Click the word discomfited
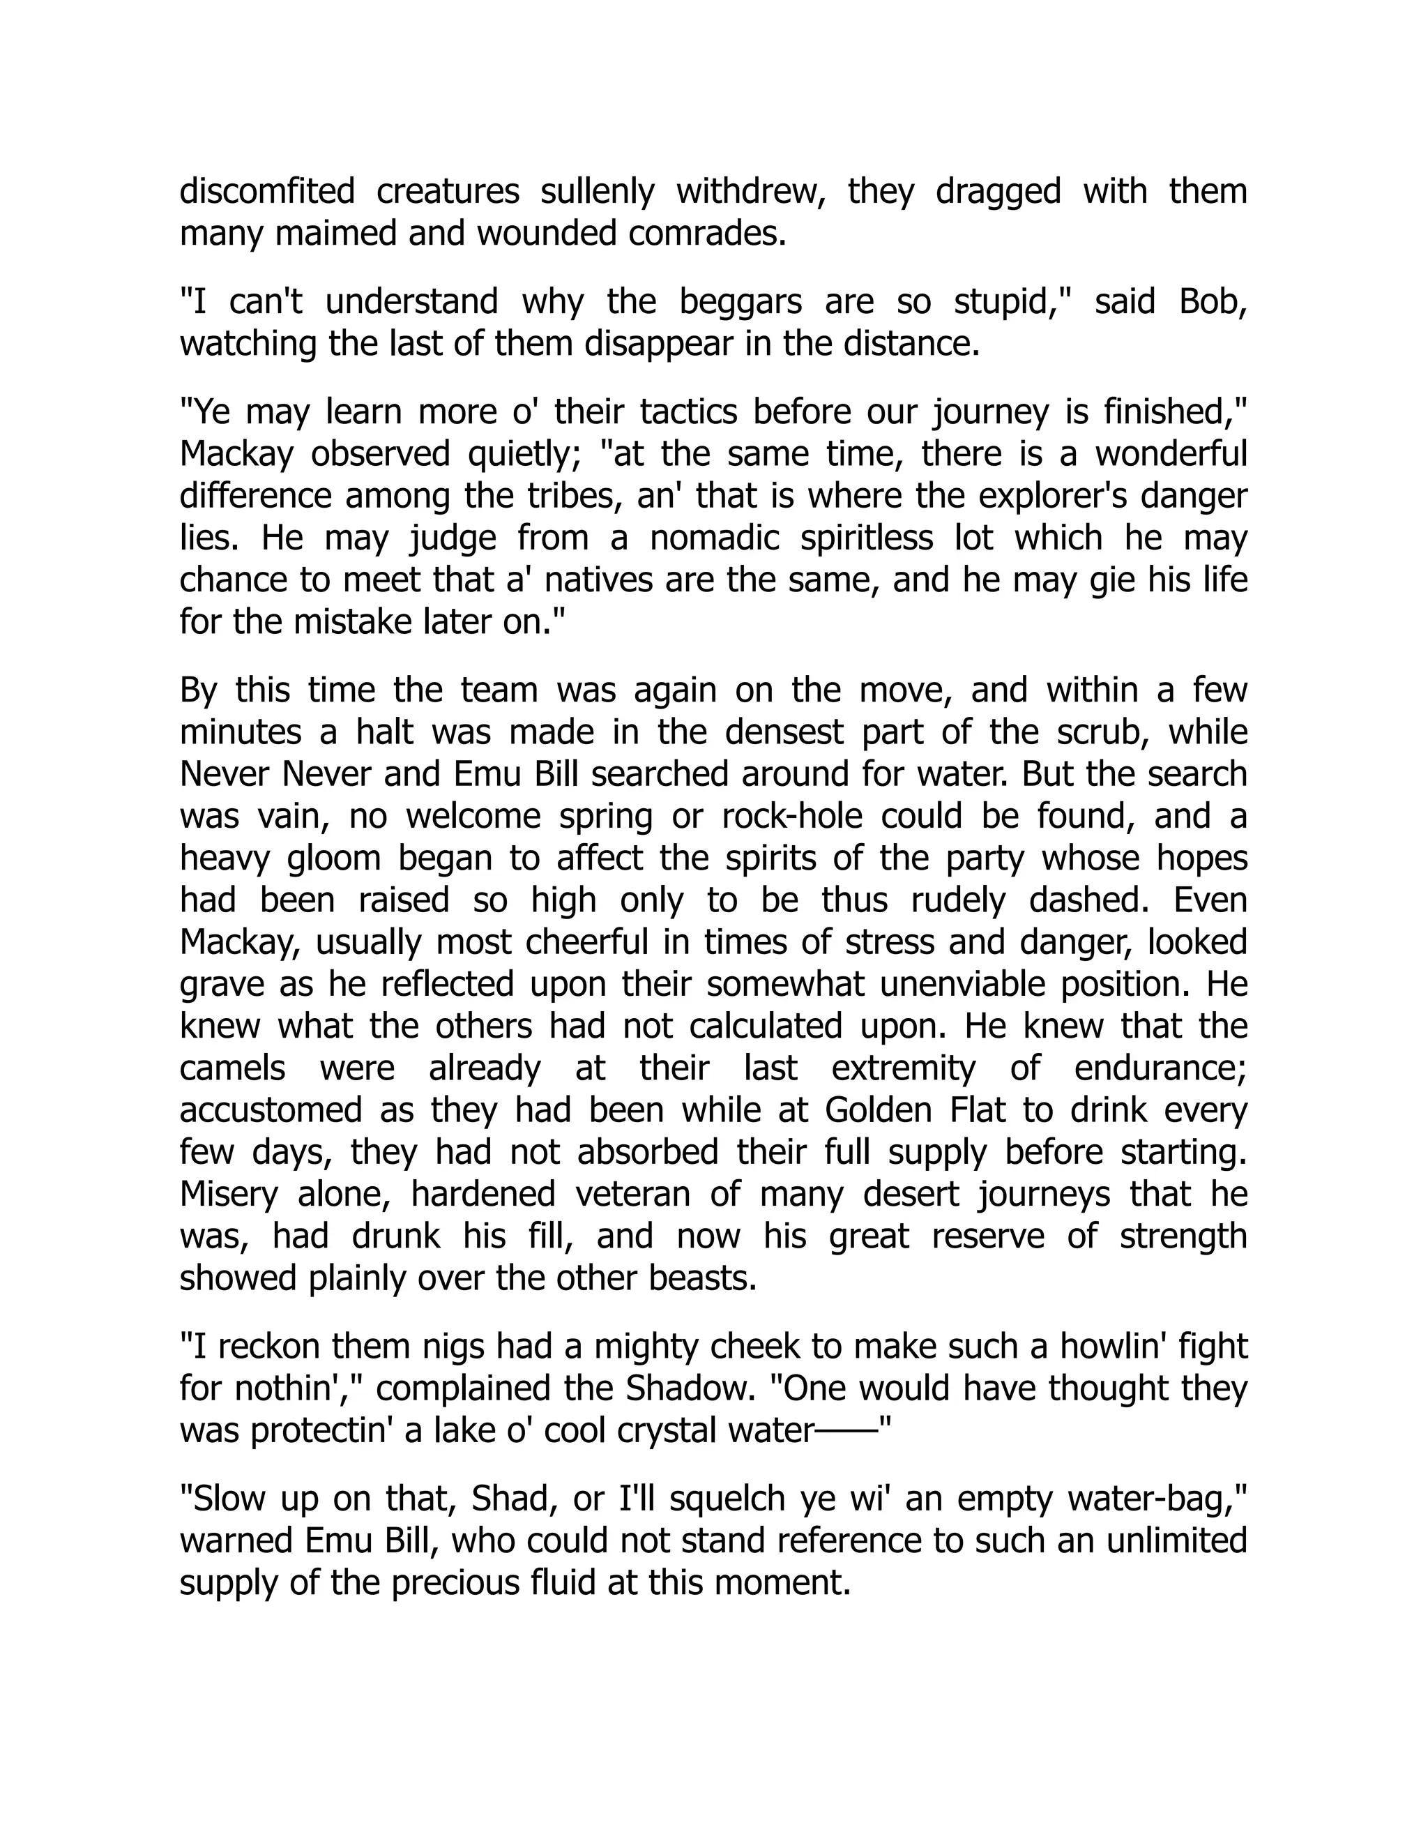tap(267, 191)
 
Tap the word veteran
tap(631, 1194)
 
